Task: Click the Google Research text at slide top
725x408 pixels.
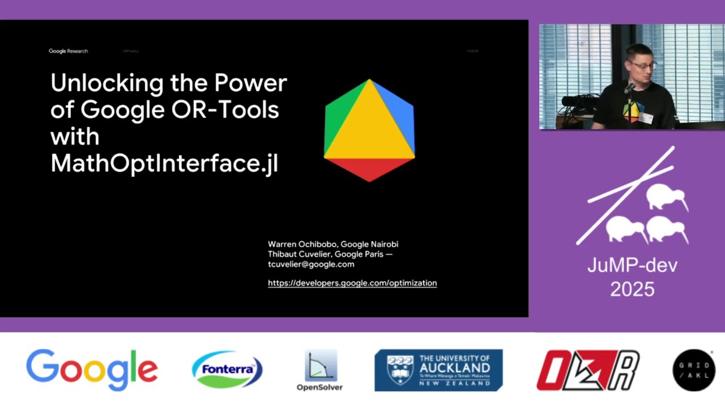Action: click(x=68, y=51)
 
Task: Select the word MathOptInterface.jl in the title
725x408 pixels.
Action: click(x=164, y=164)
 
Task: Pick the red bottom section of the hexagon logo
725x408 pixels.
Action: click(x=369, y=168)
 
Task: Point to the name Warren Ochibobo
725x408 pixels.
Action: click(x=302, y=244)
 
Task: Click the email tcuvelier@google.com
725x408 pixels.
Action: click(x=311, y=265)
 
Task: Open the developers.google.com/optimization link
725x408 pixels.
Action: click(x=352, y=283)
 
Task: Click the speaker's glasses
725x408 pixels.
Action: click(x=642, y=65)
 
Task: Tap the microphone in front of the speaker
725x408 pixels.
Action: click(x=629, y=88)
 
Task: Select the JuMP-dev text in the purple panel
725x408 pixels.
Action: click(x=632, y=265)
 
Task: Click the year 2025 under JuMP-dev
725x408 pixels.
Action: click(x=632, y=290)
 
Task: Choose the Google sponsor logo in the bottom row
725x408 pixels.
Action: click(x=92, y=369)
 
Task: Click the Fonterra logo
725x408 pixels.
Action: click(x=227, y=369)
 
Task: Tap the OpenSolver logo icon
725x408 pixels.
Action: click(x=321, y=365)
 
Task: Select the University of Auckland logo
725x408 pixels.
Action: click(x=438, y=370)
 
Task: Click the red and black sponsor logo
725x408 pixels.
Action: click(x=588, y=370)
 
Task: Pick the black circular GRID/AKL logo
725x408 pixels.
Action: click(x=694, y=370)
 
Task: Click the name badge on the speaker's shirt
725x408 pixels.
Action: click(x=645, y=118)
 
